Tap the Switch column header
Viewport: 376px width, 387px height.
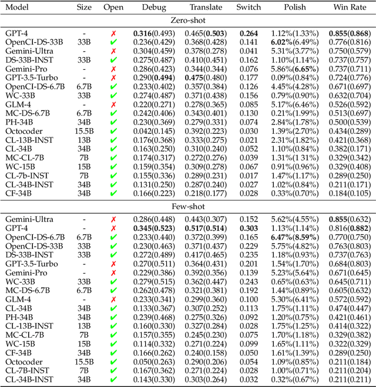coord(249,8)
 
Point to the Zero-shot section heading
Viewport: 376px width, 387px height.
coord(188,21)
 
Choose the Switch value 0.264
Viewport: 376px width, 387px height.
coord(249,34)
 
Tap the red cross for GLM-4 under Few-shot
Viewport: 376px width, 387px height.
coord(113,299)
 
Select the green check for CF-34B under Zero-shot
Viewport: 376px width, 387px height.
coord(113,193)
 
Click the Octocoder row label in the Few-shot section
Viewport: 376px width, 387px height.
coord(21,362)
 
